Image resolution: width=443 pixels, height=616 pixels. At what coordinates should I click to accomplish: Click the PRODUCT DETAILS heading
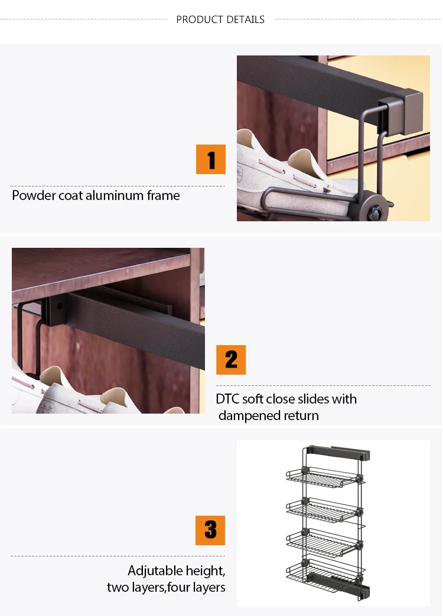220,19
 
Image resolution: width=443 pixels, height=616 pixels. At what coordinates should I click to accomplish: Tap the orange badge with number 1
211,159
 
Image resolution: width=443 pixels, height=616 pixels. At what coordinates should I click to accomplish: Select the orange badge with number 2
231,360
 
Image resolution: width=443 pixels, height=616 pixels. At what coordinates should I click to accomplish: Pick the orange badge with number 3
210,530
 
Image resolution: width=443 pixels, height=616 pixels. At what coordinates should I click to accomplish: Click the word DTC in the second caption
227,399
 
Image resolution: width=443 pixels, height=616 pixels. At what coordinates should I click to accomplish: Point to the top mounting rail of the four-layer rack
339,453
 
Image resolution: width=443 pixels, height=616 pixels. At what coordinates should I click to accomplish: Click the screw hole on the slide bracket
60,306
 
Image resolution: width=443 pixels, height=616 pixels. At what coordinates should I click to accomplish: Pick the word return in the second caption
301,415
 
